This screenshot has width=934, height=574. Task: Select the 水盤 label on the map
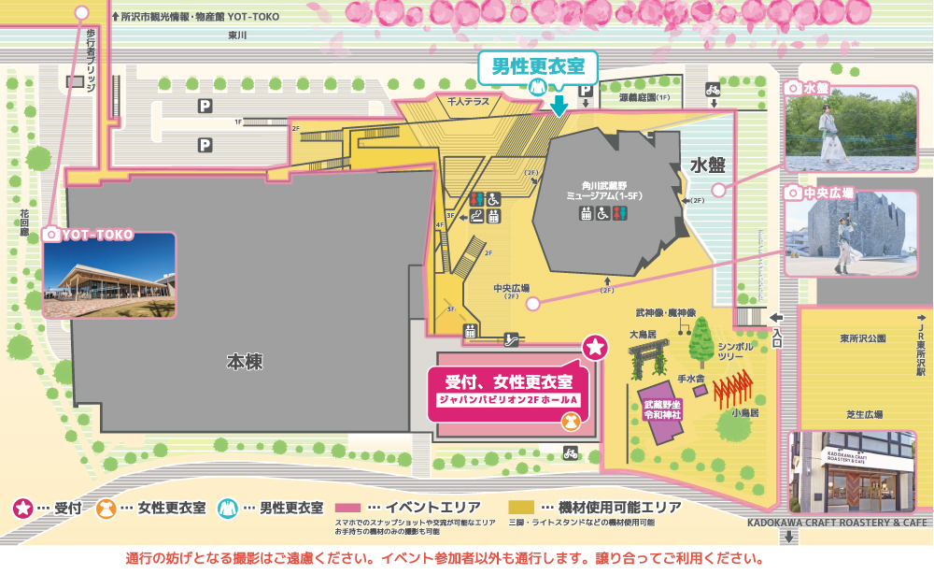coord(709,165)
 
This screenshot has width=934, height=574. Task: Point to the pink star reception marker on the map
coord(595,349)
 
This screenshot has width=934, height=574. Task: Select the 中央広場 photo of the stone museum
coord(850,237)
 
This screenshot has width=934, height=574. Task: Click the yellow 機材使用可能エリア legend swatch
coord(520,507)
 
